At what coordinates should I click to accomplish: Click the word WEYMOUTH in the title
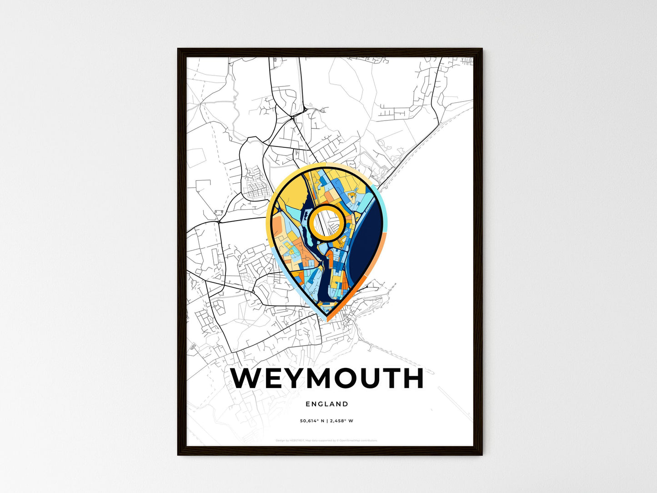pos(327,378)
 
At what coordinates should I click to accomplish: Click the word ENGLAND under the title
pos(327,404)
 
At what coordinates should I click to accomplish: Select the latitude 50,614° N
pos(311,421)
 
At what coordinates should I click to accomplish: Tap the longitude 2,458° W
pos(342,421)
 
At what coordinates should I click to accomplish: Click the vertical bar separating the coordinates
pos(327,421)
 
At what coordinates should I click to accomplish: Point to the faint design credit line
pos(326,440)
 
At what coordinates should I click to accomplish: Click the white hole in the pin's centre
pos(326,222)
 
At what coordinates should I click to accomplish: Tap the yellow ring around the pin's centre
pos(326,207)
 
